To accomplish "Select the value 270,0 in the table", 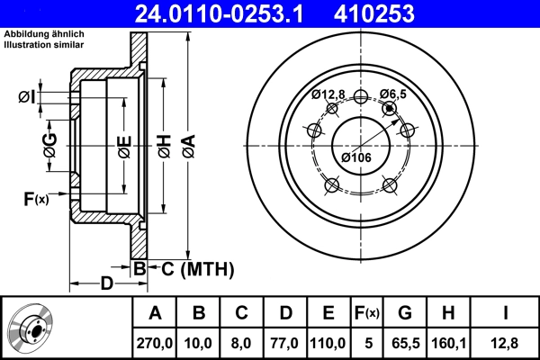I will coord(155,342).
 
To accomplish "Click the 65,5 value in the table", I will coord(404,342).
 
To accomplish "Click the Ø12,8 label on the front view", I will coord(328,94).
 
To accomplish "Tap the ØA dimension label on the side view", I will coord(188,146).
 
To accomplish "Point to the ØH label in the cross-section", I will coord(165,146).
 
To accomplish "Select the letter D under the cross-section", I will coord(107,284).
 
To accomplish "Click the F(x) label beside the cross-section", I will coord(35,199).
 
